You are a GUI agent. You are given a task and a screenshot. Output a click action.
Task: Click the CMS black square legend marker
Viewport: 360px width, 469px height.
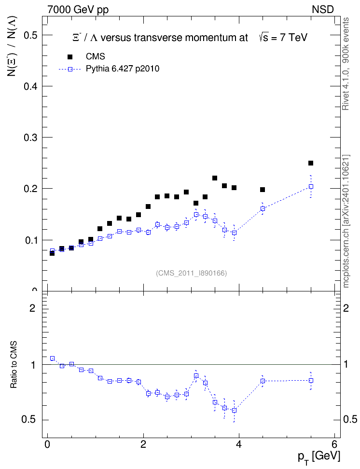70,57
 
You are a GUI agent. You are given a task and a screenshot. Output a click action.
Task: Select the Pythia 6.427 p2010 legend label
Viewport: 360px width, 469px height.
123,69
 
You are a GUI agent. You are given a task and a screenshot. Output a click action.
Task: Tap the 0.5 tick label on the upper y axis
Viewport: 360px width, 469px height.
30,35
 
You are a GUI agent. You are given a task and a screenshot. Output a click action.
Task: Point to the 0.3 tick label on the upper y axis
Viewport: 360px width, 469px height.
30,138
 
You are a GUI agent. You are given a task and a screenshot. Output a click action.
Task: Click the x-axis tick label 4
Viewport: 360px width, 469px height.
239,444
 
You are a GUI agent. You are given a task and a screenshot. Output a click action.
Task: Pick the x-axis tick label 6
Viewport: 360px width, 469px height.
334,444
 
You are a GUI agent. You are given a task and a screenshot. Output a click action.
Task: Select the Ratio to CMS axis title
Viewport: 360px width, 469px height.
14,365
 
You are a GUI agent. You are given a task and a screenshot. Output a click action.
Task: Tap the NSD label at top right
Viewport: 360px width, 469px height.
322,10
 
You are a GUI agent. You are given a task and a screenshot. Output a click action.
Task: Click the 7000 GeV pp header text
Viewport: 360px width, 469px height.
78,10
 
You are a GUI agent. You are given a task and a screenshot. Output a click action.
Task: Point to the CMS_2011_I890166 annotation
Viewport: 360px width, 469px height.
192,273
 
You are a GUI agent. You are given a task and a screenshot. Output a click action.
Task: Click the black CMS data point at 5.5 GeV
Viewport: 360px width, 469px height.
311,163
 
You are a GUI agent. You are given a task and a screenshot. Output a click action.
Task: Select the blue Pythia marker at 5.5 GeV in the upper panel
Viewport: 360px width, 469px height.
311,187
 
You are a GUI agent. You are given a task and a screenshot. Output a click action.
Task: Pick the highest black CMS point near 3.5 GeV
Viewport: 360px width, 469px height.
215,178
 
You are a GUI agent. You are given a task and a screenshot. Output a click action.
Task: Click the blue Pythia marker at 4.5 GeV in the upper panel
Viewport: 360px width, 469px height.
263,209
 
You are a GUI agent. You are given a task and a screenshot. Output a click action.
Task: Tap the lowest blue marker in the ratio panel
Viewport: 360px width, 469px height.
234,410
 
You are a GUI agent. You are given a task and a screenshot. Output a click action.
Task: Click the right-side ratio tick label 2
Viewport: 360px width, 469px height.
346,308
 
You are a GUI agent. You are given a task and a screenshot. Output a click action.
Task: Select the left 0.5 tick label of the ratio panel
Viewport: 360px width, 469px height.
28,420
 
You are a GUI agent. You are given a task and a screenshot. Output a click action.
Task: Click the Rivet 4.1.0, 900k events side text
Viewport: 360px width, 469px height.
346,64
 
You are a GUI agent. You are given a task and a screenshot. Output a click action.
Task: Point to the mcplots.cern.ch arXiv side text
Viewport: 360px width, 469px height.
346,221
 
